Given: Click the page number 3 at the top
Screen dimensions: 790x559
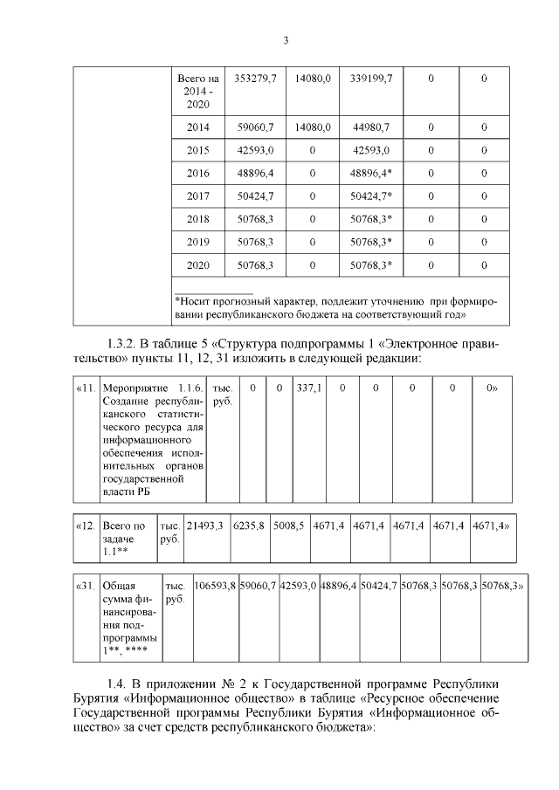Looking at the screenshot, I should click(285, 39).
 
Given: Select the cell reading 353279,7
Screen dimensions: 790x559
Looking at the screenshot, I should click(256, 79).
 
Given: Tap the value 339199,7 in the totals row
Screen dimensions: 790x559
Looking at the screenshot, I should click(371, 79).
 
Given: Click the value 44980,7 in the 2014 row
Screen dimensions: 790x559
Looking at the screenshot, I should click(371, 127).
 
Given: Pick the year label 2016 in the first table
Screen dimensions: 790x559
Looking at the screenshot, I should click(198, 173).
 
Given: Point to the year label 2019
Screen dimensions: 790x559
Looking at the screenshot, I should click(198, 241).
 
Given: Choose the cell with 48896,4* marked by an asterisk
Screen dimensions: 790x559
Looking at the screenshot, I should click(371, 173).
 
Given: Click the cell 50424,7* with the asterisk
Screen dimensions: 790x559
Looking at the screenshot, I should click(371, 196).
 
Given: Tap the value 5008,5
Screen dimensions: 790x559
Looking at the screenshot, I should click(287, 526).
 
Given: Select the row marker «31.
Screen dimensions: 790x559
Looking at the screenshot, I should click(86, 585).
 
